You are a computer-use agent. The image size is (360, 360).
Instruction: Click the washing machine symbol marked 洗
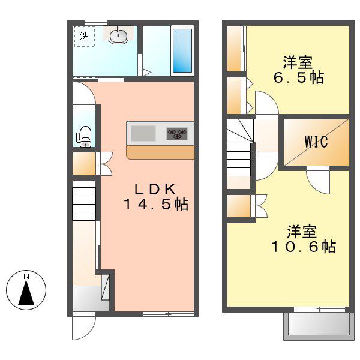tap(84, 36)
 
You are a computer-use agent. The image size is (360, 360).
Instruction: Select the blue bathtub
tap(182, 50)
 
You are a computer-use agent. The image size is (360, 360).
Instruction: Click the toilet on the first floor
tap(84, 136)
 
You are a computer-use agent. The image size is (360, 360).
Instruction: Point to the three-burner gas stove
tap(177, 134)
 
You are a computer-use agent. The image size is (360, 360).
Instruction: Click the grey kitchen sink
tap(143, 133)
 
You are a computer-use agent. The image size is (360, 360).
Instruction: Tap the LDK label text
tap(155, 190)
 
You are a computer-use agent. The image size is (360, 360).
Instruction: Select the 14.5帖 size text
tap(156, 205)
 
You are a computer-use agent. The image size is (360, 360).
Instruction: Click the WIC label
tap(316, 142)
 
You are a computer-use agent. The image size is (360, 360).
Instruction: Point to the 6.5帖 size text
tap(298, 77)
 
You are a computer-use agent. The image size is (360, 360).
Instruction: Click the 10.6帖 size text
tap(304, 247)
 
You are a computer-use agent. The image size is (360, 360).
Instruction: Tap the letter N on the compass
tap(26, 277)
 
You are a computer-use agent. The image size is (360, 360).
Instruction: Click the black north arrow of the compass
tap(26, 293)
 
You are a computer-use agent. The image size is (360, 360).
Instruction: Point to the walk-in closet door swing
tap(318, 180)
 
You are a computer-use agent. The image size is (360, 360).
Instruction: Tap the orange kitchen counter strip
tap(160, 152)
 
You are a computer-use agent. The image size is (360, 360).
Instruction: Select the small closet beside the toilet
tap(84, 164)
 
